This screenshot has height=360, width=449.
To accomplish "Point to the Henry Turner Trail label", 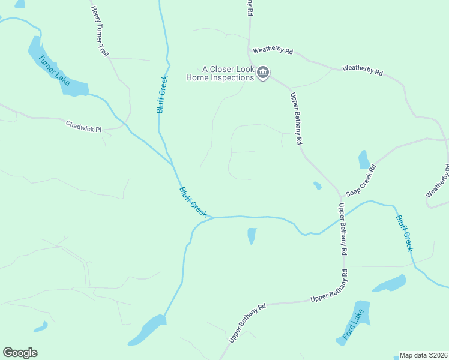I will (100, 32).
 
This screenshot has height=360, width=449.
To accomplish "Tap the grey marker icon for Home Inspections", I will (263, 73).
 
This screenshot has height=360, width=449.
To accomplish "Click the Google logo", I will (20, 353).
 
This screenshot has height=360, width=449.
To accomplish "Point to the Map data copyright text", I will (423, 355).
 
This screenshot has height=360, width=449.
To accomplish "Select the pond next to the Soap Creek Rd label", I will (364, 159).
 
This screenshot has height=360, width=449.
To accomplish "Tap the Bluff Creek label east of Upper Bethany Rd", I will (405, 233).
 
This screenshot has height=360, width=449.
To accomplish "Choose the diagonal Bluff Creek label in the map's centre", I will (193, 202).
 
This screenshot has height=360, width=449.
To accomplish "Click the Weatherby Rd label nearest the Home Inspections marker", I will (273, 52).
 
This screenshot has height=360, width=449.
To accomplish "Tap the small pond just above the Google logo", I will (40, 328).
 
